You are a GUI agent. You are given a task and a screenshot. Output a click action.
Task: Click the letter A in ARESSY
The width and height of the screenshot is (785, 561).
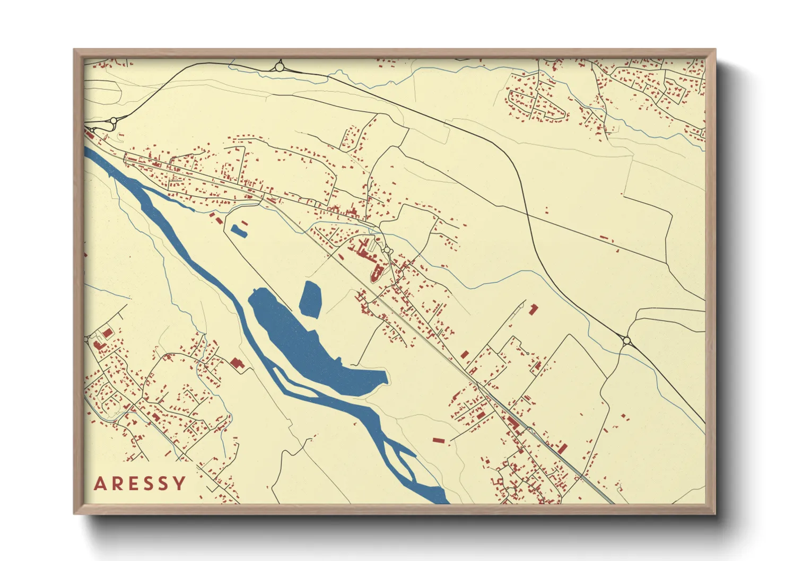[100, 484]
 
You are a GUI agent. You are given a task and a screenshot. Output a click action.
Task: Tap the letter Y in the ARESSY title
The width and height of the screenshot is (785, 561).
[180, 484]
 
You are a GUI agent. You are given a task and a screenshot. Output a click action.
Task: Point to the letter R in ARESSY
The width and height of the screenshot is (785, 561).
[117, 484]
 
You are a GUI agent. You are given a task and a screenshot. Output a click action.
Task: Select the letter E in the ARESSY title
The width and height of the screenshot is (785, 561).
[133, 484]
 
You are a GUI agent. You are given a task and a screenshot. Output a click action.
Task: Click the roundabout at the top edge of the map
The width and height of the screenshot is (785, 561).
[279, 67]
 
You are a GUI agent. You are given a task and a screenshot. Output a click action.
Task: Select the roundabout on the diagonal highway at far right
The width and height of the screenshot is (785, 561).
[626, 340]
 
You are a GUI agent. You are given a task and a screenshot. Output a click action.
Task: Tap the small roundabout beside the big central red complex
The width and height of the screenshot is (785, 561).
[387, 250]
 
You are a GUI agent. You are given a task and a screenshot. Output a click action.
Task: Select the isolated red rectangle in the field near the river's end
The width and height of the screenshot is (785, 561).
[438, 440]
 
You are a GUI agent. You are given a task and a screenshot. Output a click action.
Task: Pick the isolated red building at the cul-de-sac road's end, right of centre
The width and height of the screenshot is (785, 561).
[534, 309]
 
